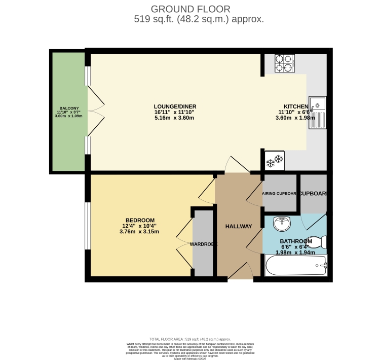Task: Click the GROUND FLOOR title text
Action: tap(191, 9)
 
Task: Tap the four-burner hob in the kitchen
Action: tap(284, 64)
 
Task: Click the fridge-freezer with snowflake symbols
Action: tap(275, 160)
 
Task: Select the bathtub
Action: tap(296, 265)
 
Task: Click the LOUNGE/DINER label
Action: tap(174, 106)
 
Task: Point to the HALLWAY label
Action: tap(239, 226)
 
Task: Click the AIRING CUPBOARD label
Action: tap(279, 194)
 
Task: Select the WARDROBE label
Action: tap(204, 244)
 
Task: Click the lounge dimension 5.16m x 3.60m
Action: tap(174, 118)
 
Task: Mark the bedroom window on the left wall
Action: tap(88, 226)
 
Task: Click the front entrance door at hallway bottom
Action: tap(240, 272)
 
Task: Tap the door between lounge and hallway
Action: tap(236, 165)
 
